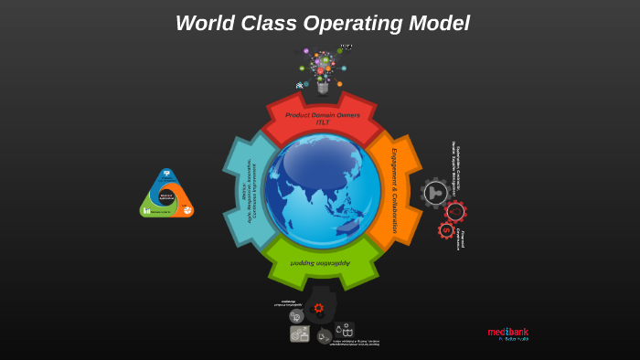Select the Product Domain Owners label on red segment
322,118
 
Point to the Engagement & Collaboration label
394,190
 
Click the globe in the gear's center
322,190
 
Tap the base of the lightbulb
323,88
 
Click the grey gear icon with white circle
435,193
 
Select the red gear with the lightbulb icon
455,211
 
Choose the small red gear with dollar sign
446,230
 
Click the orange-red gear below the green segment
318,308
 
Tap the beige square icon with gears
299,334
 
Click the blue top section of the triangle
166,175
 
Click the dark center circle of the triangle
166,196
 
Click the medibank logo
507,334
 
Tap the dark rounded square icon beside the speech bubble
346,330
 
